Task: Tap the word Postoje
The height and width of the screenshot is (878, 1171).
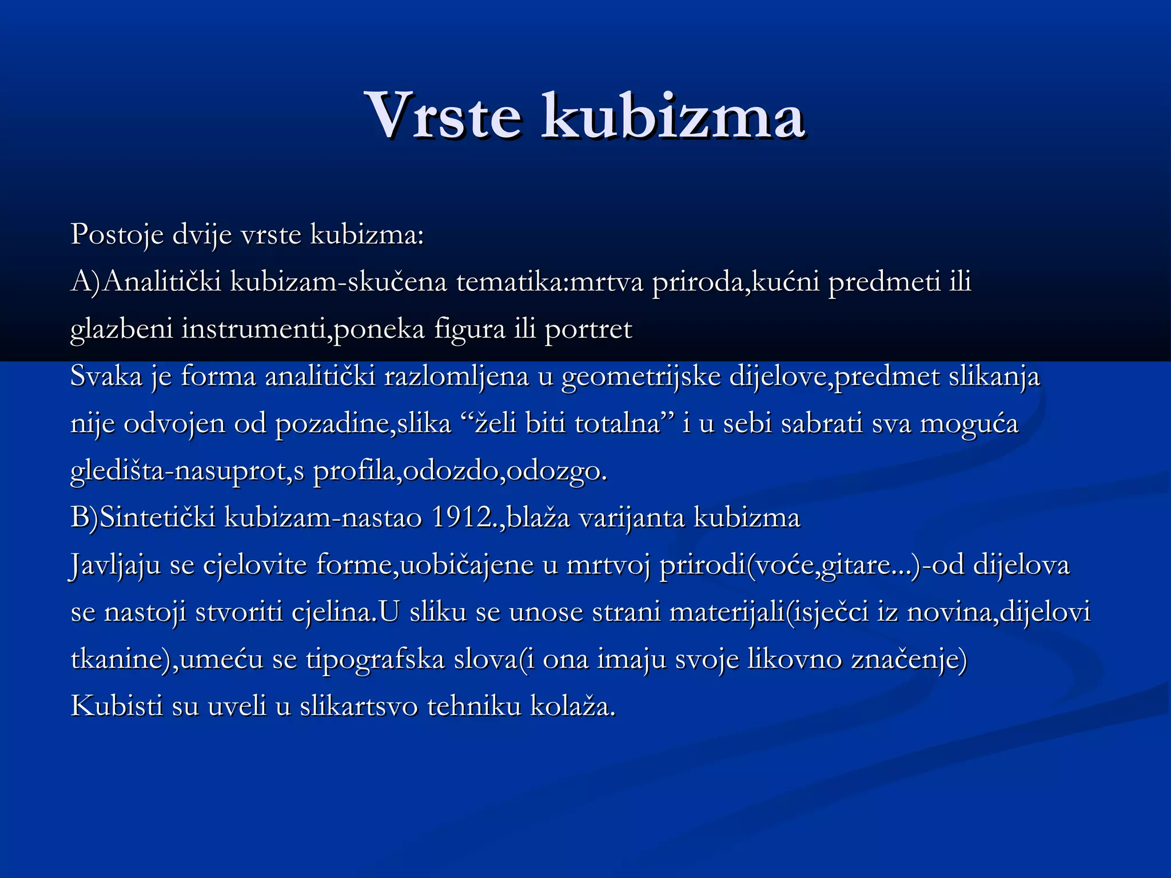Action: click(x=117, y=234)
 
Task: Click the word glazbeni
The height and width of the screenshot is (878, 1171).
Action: click(x=121, y=329)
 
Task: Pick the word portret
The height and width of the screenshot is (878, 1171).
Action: click(x=588, y=330)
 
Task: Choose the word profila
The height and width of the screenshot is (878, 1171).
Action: click(x=357, y=472)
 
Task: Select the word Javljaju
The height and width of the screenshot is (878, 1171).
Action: click(x=115, y=565)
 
